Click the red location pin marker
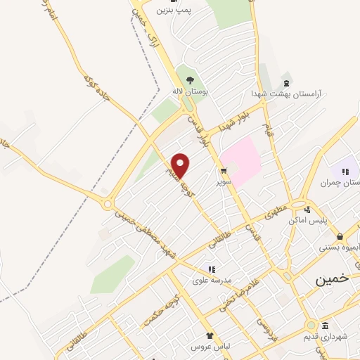(x=181, y=166)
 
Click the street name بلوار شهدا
(x=233, y=120)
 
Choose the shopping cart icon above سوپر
(x=224, y=171)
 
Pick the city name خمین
(x=331, y=278)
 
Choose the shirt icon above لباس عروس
(x=210, y=336)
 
